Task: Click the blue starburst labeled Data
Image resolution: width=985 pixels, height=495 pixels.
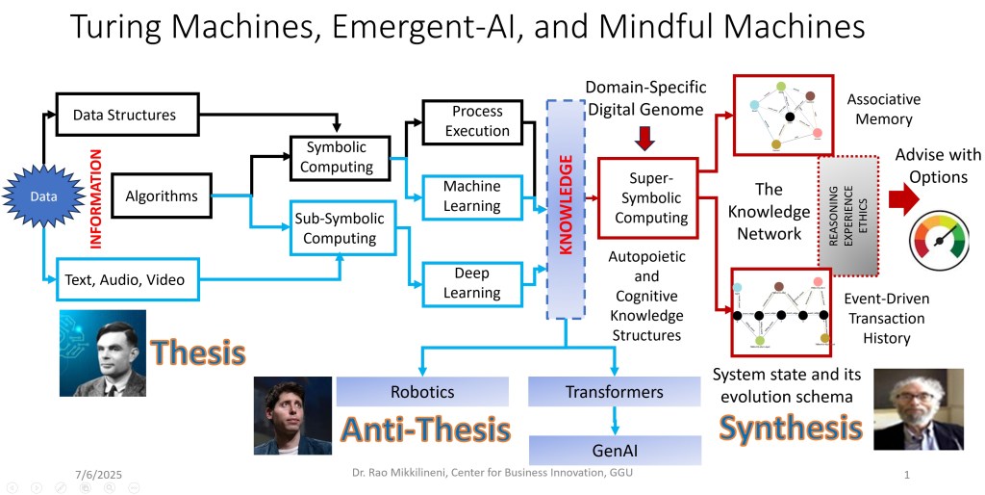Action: pyautogui.click(x=44, y=196)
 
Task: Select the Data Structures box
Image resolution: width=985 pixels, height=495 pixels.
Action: pyautogui.click(x=127, y=115)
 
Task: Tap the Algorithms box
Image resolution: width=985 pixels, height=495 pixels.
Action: pyautogui.click(x=162, y=196)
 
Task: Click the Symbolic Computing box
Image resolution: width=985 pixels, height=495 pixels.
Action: pyautogui.click(x=340, y=157)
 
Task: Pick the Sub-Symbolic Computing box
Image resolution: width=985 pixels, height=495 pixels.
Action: pyautogui.click(x=340, y=227)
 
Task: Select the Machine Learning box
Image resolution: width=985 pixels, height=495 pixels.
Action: pyautogui.click(x=471, y=196)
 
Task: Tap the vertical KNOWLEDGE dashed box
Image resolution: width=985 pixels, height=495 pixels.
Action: pyautogui.click(x=566, y=209)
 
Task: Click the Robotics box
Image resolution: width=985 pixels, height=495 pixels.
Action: pyautogui.click(x=422, y=392)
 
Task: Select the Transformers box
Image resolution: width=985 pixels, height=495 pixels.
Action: pyautogui.click(x=614, y=392)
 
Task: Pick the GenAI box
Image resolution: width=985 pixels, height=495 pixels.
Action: pyautogui.click(x=614, y=449)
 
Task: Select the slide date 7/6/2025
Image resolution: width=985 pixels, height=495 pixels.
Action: pyautogui.click(x=99, y=474)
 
